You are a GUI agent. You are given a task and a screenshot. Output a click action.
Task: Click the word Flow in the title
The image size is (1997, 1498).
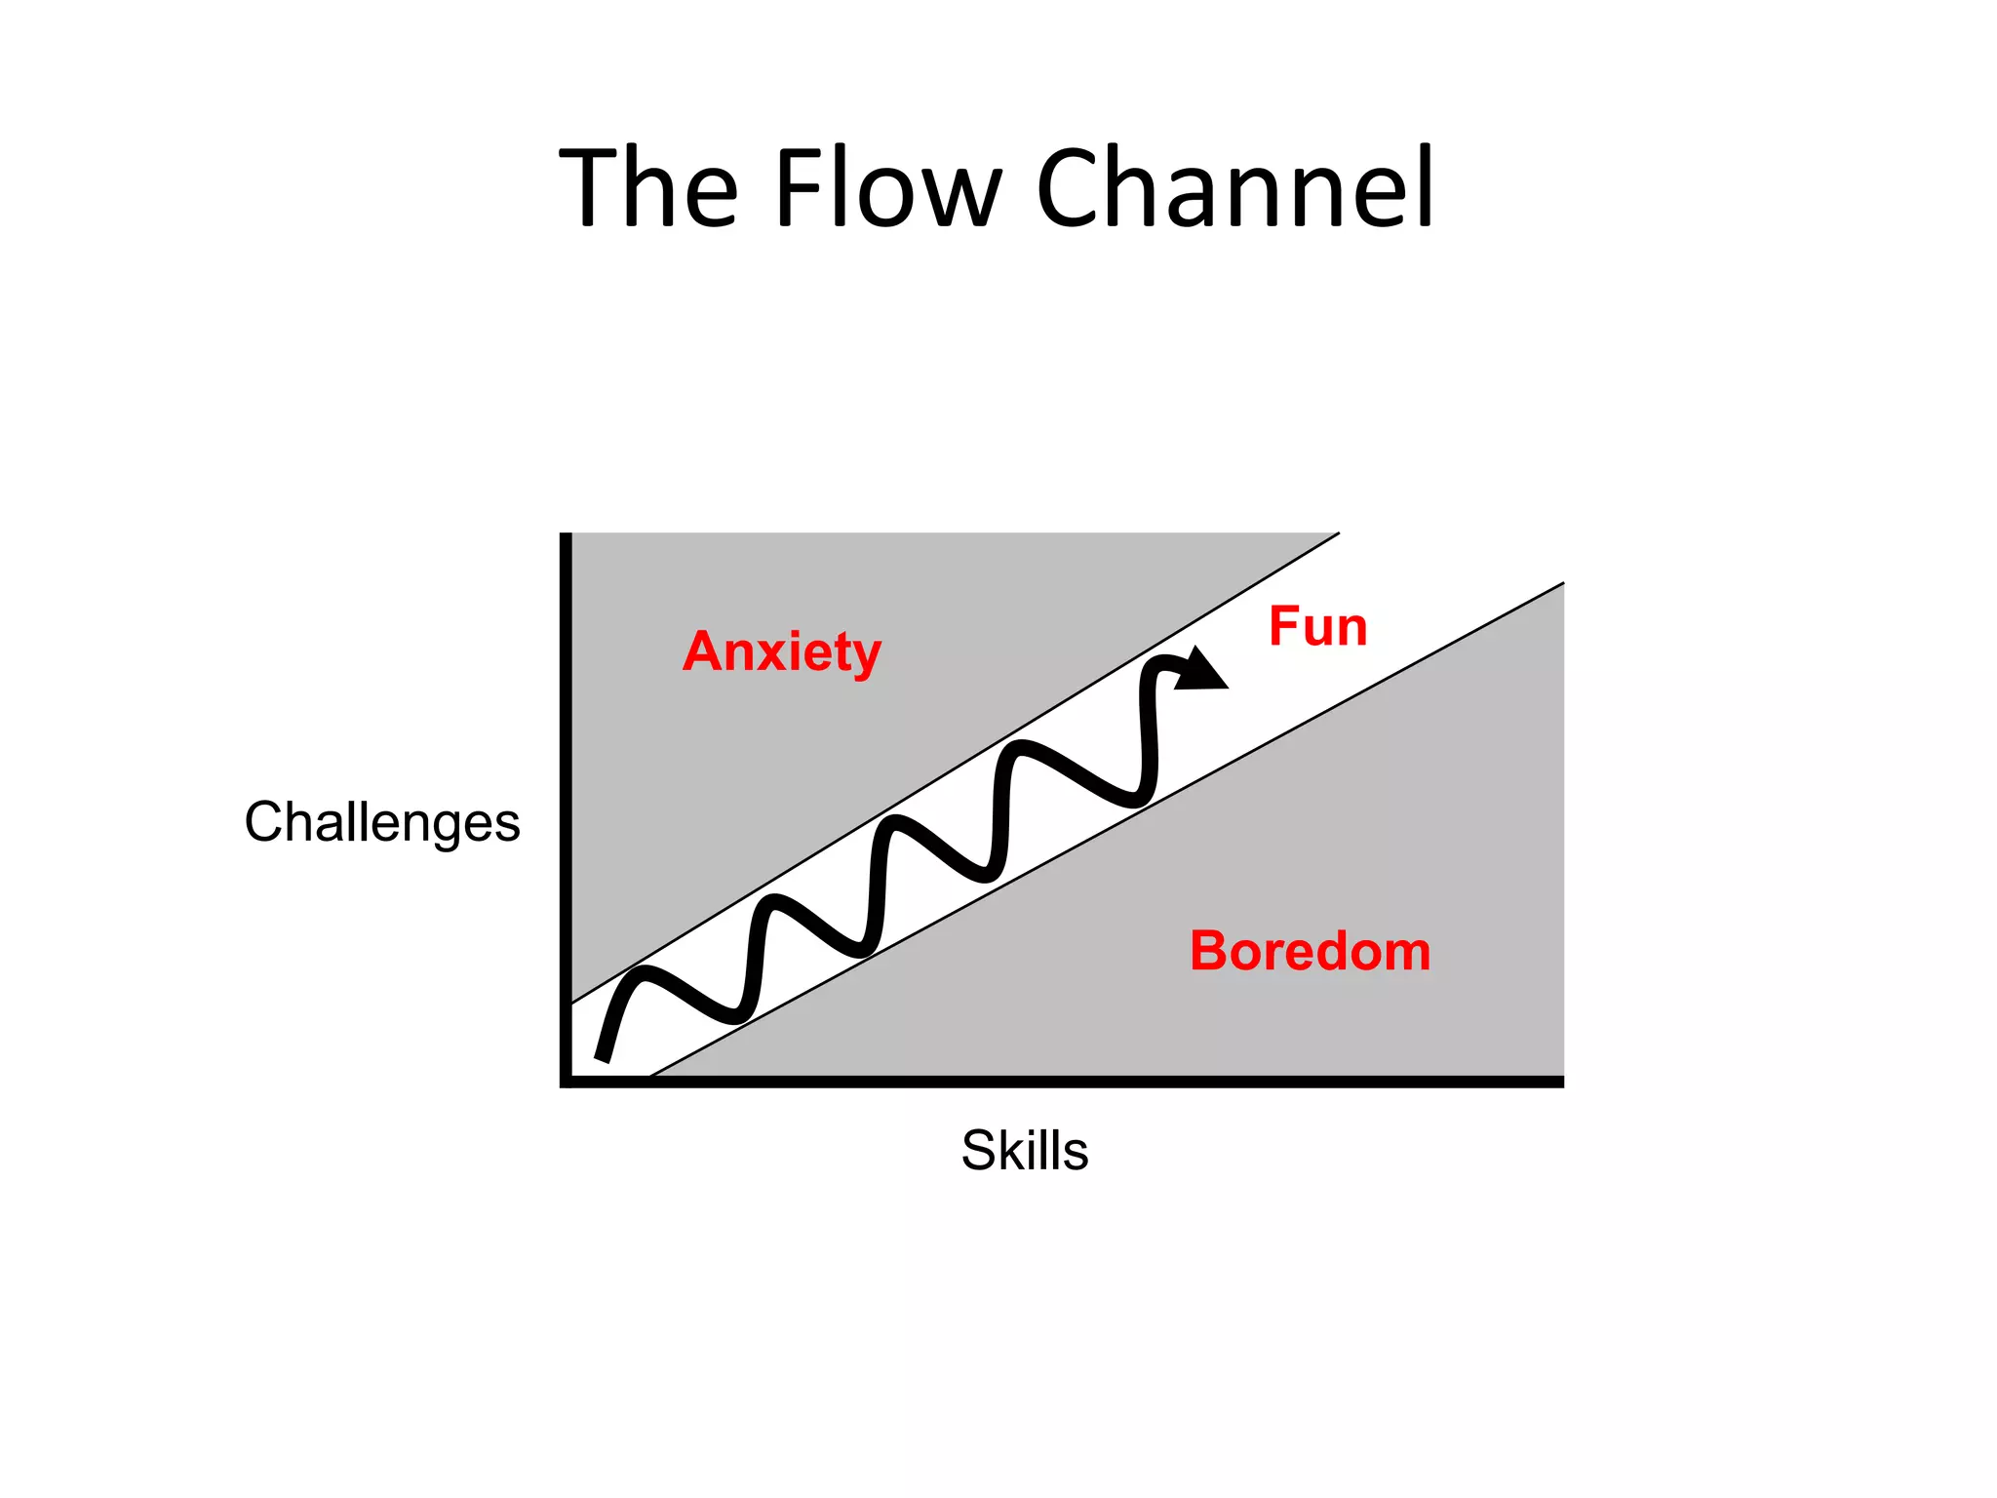click(x=887, y=187)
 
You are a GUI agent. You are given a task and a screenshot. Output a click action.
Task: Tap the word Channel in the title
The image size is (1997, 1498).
click(x=1234, y=187)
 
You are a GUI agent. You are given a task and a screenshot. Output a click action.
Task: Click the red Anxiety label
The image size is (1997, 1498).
click(x=782, y=651)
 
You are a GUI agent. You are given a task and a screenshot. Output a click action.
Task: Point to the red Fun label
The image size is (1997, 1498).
click(x=1317, y=626)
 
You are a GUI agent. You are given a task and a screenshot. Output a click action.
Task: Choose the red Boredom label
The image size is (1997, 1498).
click(x=1310, y=951)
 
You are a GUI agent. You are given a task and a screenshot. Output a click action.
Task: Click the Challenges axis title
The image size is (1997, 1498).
click(x=382, y=822)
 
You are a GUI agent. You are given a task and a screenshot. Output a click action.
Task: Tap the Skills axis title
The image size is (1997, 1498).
click(x=1024, y=1150)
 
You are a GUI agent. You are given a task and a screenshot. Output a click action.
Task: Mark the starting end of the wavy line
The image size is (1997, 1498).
click(x=602, y=1058)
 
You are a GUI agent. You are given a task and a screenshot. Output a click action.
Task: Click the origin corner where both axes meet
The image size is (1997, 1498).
click(x=566, y=1082)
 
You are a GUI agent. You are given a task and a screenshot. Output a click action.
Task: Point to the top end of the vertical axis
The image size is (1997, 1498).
click(x=566, y=535)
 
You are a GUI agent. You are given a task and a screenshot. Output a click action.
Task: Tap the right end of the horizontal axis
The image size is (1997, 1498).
click(x=1560, y=1082)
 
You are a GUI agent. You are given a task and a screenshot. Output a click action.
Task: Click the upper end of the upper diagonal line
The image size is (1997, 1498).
click(x=1338, y=533)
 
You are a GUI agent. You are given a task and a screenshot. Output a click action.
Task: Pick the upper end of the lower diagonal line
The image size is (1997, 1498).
click(x=1562, y=584)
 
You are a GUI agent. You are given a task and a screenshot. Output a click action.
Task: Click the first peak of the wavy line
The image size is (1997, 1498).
click(x=644, y=971)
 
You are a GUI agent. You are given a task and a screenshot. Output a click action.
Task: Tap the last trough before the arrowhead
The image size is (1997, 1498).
click(x=1133, y=802)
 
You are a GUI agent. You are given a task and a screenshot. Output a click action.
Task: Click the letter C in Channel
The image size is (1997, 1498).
click(x=1072, y=187)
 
